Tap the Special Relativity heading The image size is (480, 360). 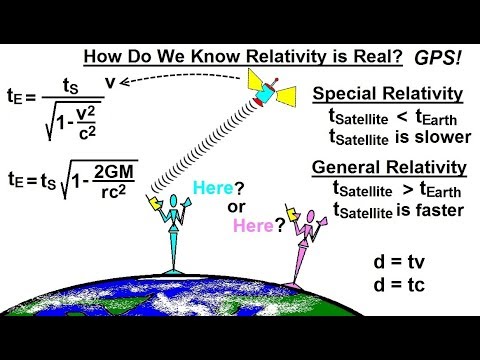pyautogui.click(x=387, y=94)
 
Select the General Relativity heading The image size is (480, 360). pyautogui.click(x=387, y=167)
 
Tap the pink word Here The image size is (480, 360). pyautogui.click(x=252, y=225)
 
